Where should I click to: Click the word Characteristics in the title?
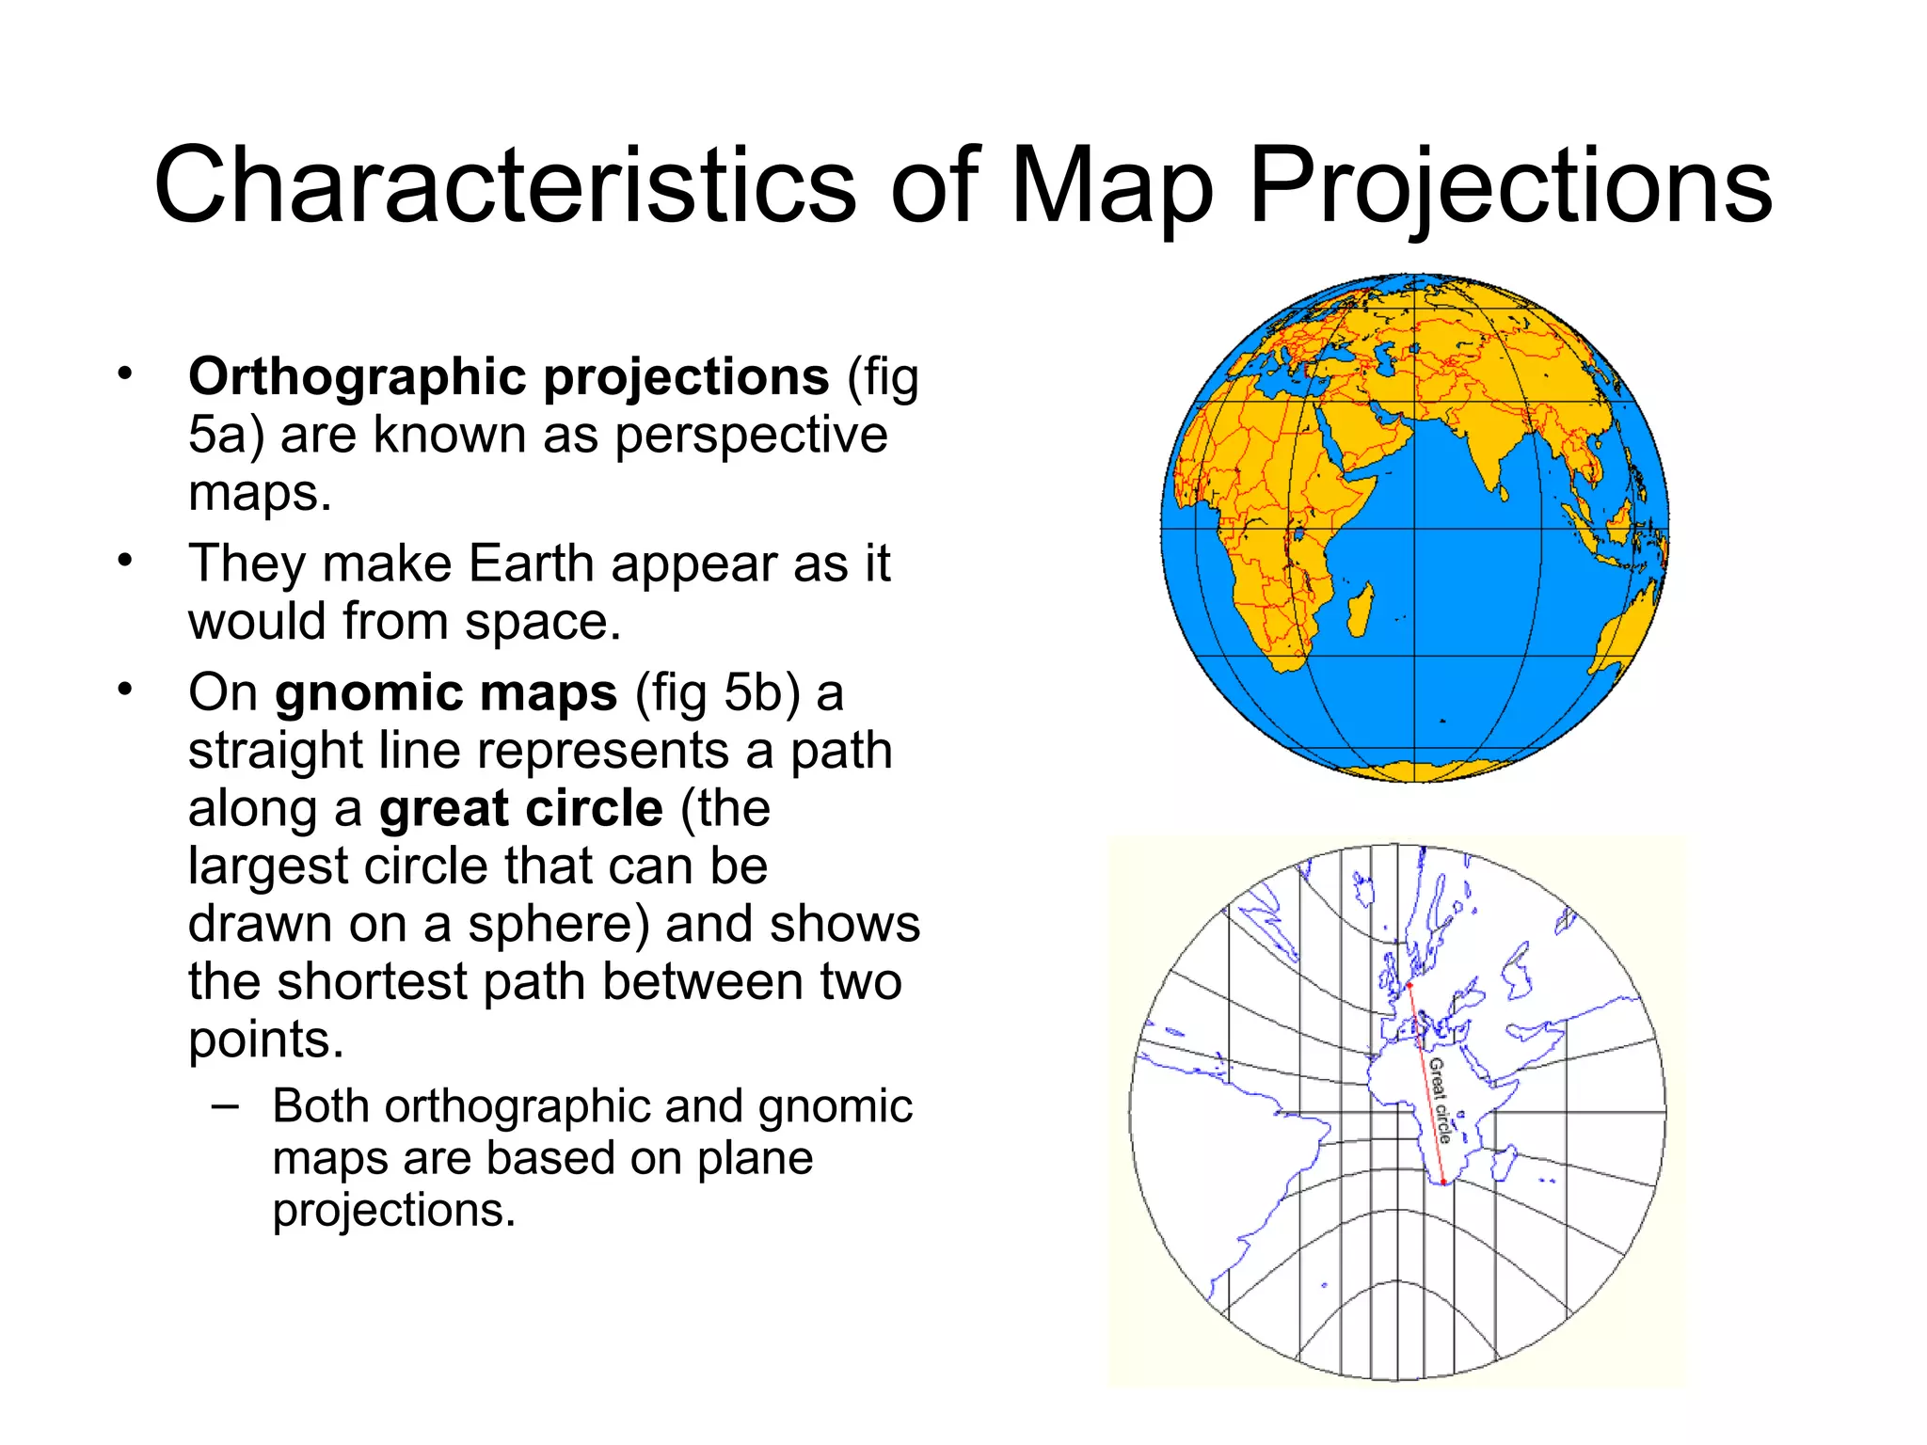pyautogui.click(x=504, y=185)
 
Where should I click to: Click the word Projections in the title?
pyautogui.click(x=1510, y=187)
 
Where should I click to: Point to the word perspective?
pyautogui.click(x=751, y=436)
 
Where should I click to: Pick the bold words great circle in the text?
pyautogui.click(x=521, y=809)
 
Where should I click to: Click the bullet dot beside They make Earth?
pyautogui.click(x=125, y=562)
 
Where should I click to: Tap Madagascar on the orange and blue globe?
pyautogui.click(x=1359, y=610)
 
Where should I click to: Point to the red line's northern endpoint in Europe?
pyautogui.click(x=1409, y=985)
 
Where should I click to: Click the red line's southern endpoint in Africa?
pyautogui.click(x=1443, y=1183)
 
